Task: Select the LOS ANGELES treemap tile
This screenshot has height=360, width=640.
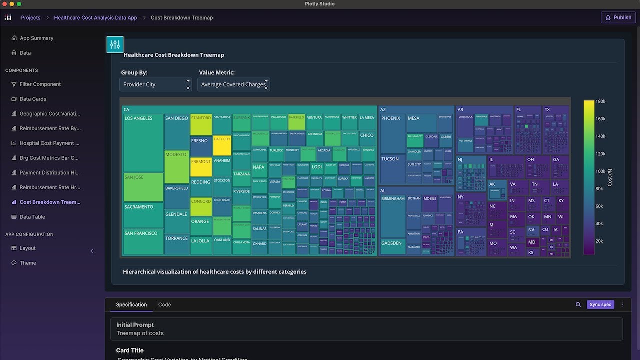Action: point(143,143)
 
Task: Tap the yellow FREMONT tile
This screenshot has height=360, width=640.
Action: point(201,167)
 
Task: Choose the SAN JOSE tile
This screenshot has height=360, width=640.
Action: point(143,187)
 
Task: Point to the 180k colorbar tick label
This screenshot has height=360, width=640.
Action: point(600,101)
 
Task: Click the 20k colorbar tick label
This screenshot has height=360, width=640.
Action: point(599,241)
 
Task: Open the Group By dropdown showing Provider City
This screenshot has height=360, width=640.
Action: point(155,85)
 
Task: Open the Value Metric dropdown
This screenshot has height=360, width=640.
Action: point(233,85)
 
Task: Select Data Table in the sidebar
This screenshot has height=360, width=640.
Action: point(32,217)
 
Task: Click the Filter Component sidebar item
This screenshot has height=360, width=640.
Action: point(40,84)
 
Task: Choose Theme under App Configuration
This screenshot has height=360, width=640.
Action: point(28,263)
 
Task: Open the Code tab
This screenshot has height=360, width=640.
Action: point(164,305)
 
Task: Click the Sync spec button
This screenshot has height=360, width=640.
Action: point(600,305)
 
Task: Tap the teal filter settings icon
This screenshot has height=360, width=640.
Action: point(115,45)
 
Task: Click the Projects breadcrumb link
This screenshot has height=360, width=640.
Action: point(31,18)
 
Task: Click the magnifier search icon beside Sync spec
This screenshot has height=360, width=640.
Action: point(578,305)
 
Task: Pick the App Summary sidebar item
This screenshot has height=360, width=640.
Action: point(36,38)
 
